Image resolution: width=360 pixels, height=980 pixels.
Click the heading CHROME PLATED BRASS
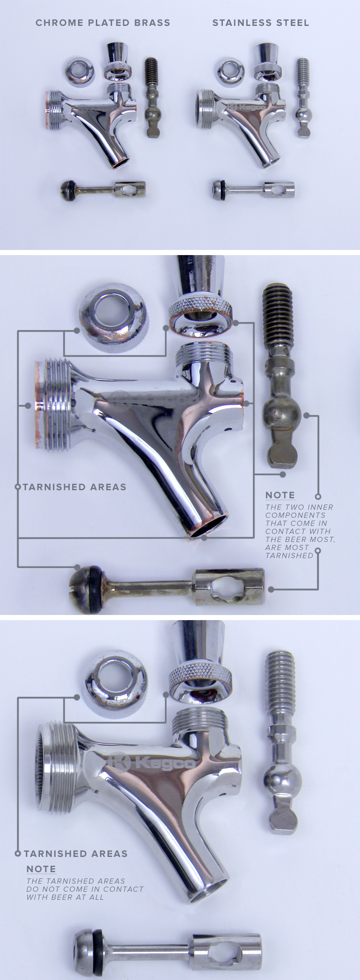click(x=103, y=23)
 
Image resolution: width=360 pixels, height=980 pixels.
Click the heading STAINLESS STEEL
click(x=261, y=23)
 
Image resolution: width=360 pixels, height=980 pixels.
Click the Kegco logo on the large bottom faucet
click(x=152, y=762)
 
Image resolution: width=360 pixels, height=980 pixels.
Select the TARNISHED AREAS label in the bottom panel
click(x=76, y=853)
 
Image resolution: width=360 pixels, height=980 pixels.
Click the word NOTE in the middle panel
click(x=280, y=495)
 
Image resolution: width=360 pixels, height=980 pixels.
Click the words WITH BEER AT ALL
click(x=65, y=897)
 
